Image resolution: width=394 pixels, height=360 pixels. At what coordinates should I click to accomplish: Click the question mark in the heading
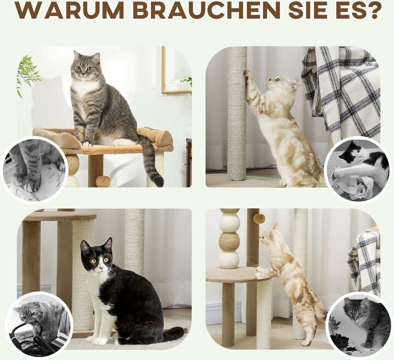click(x=372, y=10)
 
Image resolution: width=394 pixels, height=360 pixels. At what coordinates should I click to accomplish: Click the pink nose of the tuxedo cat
click(x=101, y=268)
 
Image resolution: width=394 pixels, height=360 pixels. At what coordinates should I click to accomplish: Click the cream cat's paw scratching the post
click(x=248, y=74)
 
